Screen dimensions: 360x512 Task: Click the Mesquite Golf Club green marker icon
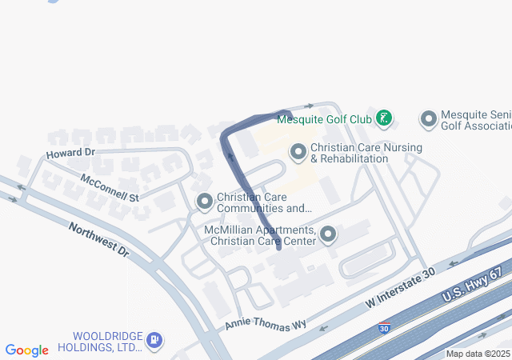coord(384,119)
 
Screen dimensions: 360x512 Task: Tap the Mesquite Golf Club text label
coord(324,120)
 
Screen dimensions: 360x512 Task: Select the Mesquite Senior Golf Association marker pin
coord(428,120)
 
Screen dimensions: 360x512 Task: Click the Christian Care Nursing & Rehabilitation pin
coord(298,151)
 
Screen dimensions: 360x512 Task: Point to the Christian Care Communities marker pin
coord(205,202)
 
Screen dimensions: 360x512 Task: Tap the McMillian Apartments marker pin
coord(328,234)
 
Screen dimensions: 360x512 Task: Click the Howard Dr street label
coord(70,152)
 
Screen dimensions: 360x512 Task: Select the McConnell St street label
coord(110,186)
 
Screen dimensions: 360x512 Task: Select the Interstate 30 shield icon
coord(384,328)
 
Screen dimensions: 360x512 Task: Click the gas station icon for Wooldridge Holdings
coord(154,342)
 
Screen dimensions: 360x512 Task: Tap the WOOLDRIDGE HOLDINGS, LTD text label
coord(106,342)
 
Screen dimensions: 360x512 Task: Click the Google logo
coord(27,350)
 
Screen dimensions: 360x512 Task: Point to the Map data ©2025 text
coord(478,354)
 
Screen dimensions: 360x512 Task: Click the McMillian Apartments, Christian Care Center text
coord(260,235)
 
